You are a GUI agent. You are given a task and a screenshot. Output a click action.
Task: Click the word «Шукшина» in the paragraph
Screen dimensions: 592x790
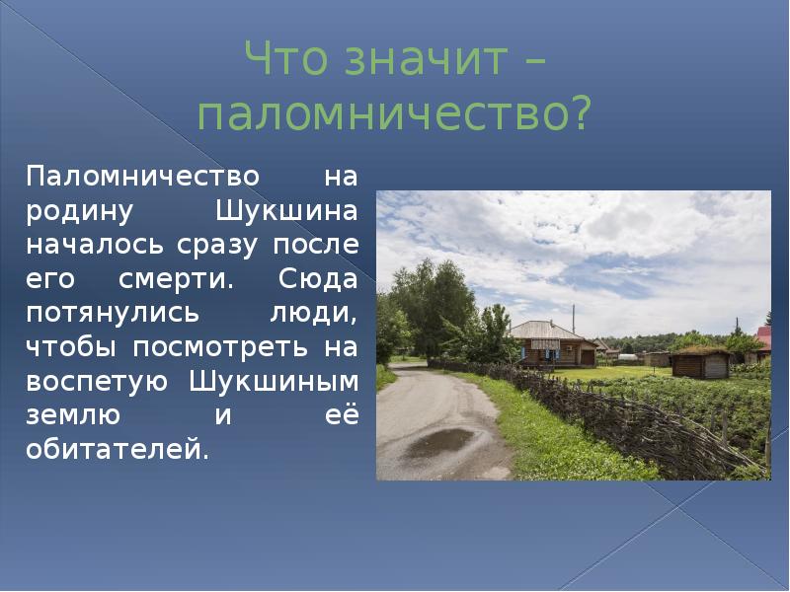coord(286,211)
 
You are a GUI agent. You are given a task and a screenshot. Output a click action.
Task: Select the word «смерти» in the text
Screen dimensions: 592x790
coord(176,279)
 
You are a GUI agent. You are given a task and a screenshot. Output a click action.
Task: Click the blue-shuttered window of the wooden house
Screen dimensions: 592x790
coord(544,350)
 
